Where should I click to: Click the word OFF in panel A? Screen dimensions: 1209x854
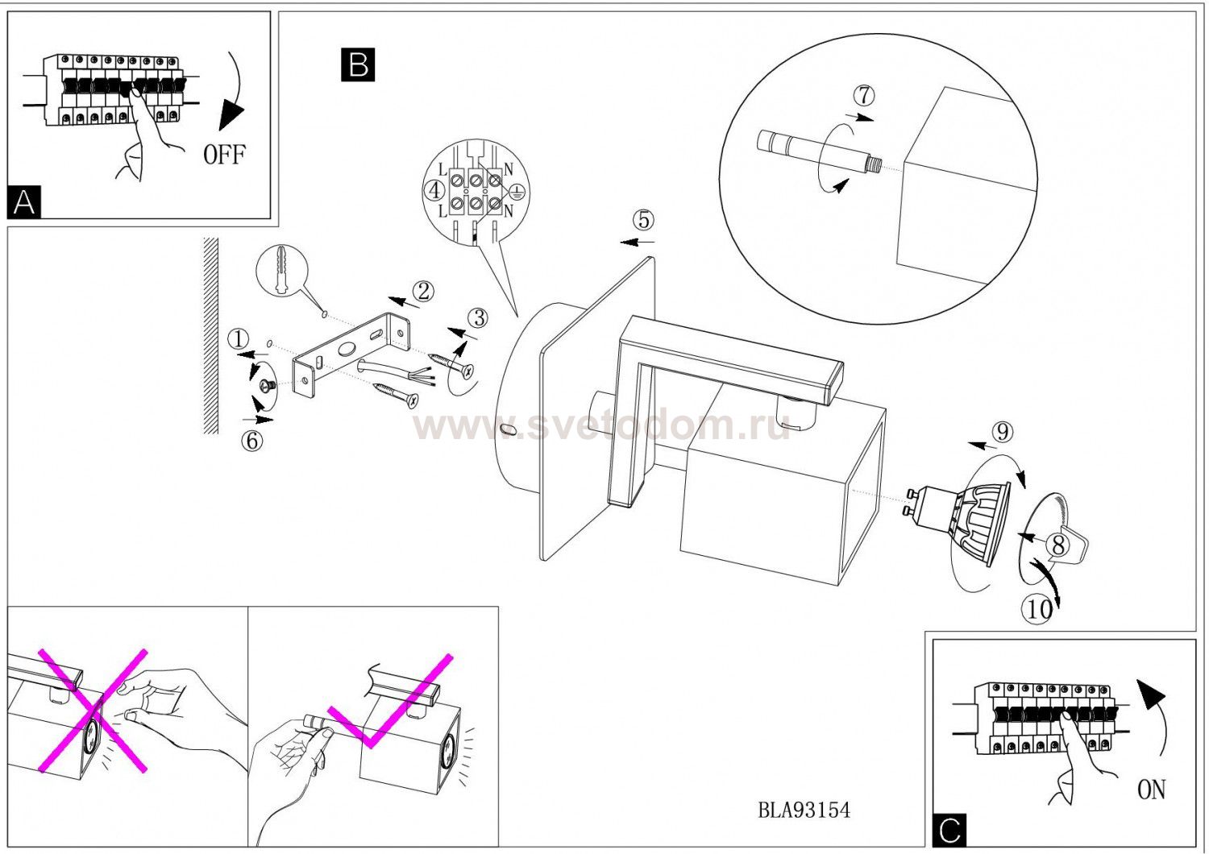pyautogui.click(x=225, y=155)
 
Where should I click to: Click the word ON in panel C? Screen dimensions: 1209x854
pyautogui.click(x=1151, y=790)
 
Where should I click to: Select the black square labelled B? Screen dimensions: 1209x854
pyautogui.click(x=358, y=64)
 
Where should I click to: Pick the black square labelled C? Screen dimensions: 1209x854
pyautogui.click(x=950, y=831)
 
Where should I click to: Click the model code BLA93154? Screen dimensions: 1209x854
pyautogui.click(x=804, y=810)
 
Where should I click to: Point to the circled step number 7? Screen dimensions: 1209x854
pyautogui.click(x=864, y=96)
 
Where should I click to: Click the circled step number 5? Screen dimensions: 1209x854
pyautogui.click(x=644, y=220)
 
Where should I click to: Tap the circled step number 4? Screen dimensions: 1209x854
pyautogui.click(x=435, y=190)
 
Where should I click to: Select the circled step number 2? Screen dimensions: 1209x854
pyautogui.click(x=423, y=292)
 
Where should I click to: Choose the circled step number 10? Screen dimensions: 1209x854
pyautogui.click(x=1038, y=610)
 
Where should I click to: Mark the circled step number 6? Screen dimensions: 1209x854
pyautogui.click(x=252, y=441)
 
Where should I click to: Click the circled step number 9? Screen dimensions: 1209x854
pyautogui.click(x=1003, y=432)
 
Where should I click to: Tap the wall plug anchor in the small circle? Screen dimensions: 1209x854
pyautogui.click(x=281, y=270)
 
